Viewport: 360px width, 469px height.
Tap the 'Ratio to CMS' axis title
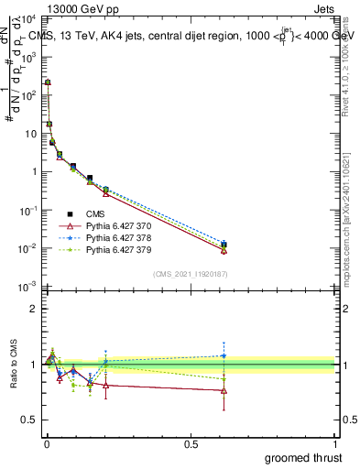(x=12, y=377)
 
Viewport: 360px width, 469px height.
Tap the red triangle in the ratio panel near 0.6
(x=224, y=390)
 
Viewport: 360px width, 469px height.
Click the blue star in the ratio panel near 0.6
(x=224, y=355)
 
